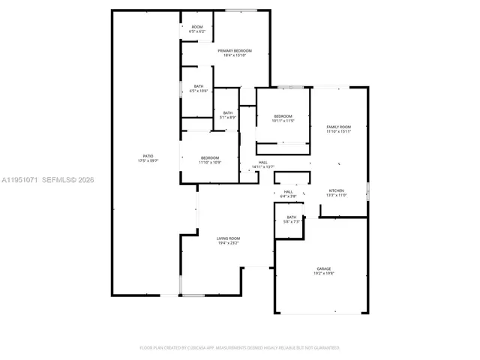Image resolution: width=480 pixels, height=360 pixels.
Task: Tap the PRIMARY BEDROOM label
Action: [235, 50]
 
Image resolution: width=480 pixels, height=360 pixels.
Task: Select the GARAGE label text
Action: [324, 268]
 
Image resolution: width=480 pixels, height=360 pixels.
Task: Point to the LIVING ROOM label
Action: [228, 238]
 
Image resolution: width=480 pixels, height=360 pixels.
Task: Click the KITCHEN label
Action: [337, 190]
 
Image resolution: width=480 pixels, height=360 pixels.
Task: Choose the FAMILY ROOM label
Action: [337, 127]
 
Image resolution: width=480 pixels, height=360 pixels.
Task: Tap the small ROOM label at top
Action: [197, 27]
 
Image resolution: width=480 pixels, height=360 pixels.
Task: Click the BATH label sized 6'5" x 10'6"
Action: [199, 86]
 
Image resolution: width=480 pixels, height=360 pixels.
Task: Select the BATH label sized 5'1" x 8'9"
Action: [227, 112]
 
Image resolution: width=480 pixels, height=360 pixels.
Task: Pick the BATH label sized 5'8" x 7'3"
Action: [291, 217]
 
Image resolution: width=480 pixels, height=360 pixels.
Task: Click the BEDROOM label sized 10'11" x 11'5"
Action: [283, 115]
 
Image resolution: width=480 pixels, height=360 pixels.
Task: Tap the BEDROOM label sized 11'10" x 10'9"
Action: [209, 157]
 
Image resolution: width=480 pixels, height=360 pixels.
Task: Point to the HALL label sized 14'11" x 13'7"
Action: [263, 162]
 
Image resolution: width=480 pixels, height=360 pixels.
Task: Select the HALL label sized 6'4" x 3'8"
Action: [288, 191]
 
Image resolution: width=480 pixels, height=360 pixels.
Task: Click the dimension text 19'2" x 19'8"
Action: [324, 274]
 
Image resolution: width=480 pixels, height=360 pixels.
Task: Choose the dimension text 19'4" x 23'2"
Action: [228, 244]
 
